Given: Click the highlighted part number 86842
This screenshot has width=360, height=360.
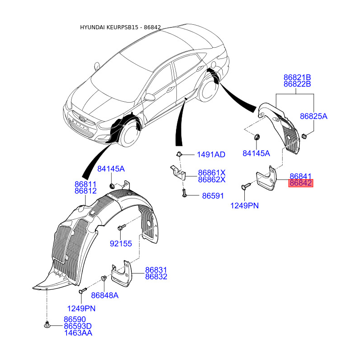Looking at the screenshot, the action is [x=301, y=183].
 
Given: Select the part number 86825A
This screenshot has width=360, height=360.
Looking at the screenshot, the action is [x=314, y=117].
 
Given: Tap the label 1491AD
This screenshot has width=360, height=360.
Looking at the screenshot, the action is [x=211, y=154].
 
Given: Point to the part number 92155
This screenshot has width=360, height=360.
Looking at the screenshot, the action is [x=121, y=243].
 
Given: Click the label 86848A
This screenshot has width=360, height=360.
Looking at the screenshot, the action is [x=105, y=295].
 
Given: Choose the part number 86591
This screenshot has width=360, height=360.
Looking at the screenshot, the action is [x=213, y=196].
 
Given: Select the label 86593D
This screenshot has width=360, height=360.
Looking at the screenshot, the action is [x=77, y=326].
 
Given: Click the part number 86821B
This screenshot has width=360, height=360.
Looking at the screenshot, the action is [x=297, y=77].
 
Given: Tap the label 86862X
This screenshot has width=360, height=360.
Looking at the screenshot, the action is [x=211, y=180].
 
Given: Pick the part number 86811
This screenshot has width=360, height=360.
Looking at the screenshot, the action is [x=85, y=184].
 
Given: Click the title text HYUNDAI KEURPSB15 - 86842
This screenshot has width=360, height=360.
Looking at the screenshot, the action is [x=120, y=27].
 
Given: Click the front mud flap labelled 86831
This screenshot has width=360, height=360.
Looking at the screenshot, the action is [x=122, y=274].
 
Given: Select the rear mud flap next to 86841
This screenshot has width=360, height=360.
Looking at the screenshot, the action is [x=267, y=179].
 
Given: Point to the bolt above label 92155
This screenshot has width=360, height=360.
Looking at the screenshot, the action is [x=121, y=227].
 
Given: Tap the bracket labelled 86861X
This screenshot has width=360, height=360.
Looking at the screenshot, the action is [x=178, y=172].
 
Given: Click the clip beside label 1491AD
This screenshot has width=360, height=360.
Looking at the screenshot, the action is [x=179, y=154].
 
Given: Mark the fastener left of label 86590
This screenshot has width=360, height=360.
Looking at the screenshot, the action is [x=47, y=324].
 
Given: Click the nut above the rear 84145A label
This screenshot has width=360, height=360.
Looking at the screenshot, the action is [x=256, y=137].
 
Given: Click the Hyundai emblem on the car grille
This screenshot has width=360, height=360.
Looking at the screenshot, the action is [x=82, y=118].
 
